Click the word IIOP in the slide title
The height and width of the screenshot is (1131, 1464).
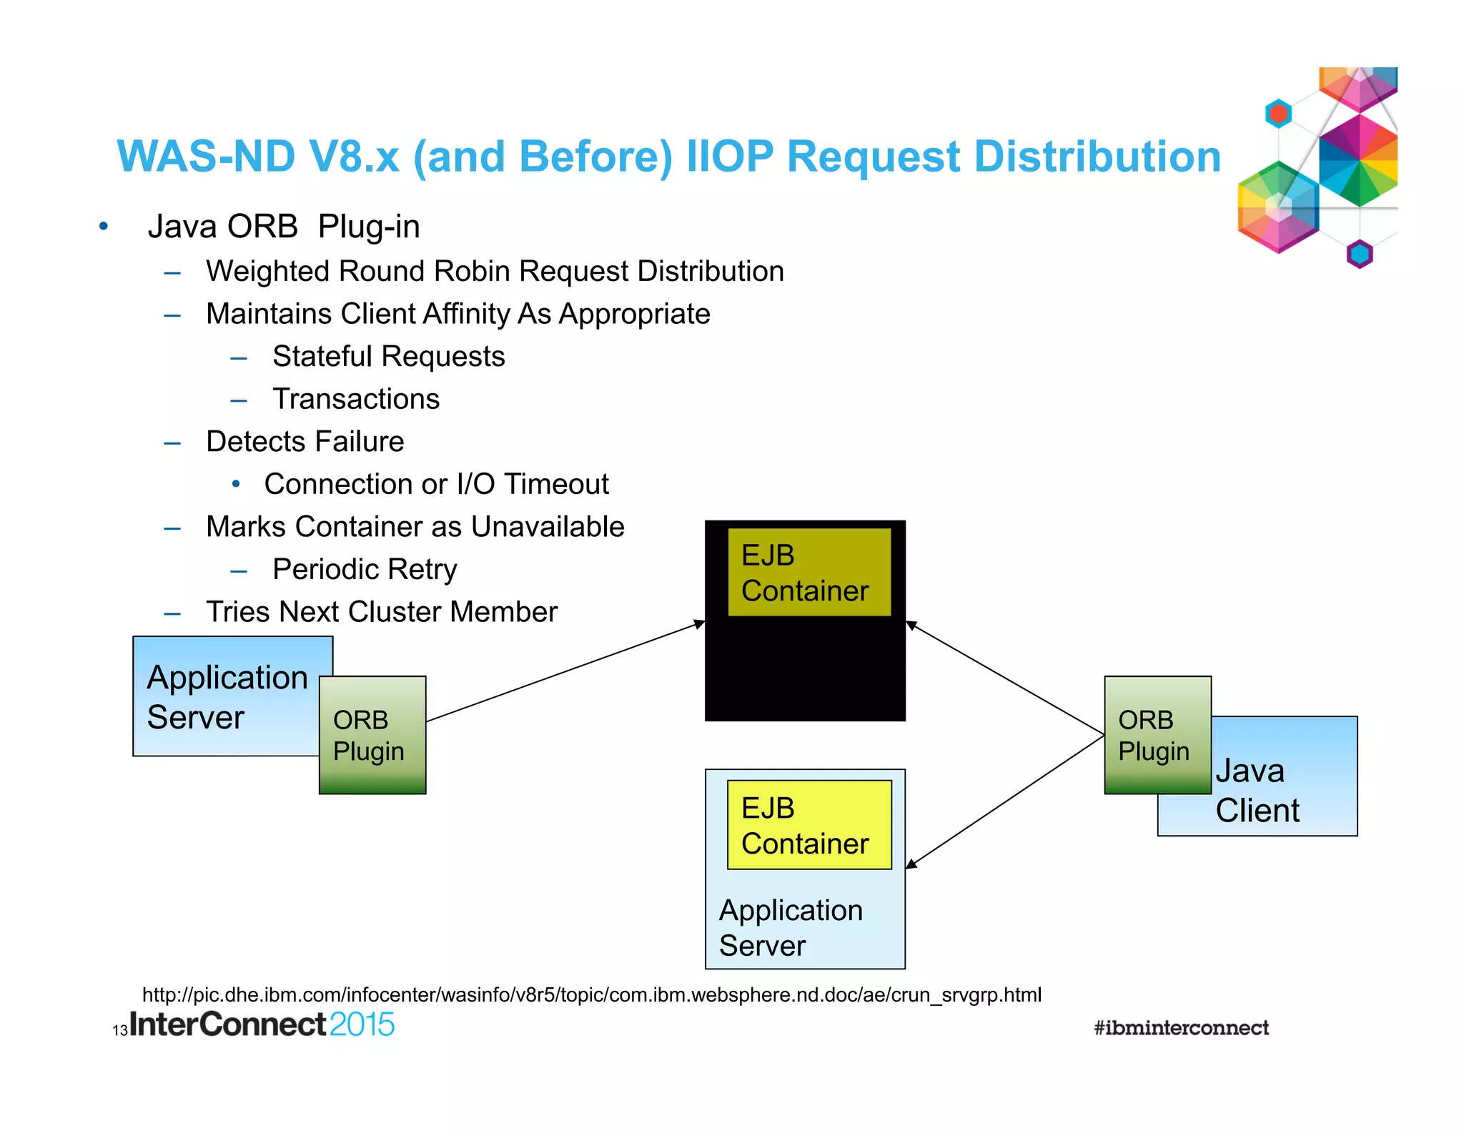click(x=729, y=157)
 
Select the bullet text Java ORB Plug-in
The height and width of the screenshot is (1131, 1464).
click(x=283, y=227)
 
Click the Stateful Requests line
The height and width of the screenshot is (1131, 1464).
click(x=388, y=356)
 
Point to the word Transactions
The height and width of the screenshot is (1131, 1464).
click(x=356, y=399)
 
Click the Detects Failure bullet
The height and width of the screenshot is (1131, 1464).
click(x=305, y=442)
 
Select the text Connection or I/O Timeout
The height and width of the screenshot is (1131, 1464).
click(x=436, y=484)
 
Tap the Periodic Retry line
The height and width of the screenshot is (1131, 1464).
click(x=365, y=570)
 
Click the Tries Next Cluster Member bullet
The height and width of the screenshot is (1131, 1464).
click(x=381, y=612)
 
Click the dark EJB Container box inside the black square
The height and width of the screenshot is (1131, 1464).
click(x=808, y=572)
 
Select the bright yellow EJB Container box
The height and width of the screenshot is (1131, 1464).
click(x=808, y=825)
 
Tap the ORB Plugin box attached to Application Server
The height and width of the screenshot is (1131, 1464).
click(x=372, y=735)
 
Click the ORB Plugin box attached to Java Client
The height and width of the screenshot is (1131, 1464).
click(x=1157, y=735)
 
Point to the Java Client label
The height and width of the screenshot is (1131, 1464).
click(x=1257, y=791)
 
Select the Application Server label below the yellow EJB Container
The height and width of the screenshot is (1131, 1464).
click(x=790, y=928)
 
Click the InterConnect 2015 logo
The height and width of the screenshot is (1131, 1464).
click(x=262, y=1024)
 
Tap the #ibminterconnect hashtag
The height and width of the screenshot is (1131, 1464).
click(x=1181, y=1028)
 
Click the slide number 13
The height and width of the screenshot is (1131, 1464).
click(x=119, y=1031)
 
